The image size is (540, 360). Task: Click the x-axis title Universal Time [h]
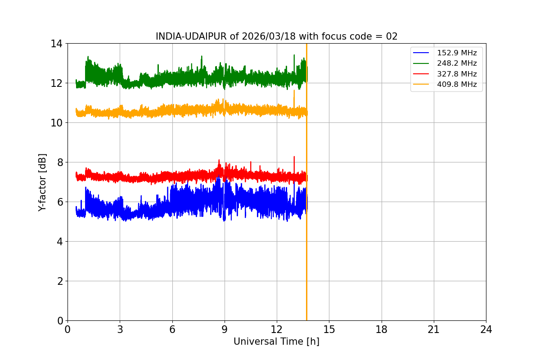click(276, 342)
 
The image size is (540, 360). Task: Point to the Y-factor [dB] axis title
click(42, 182)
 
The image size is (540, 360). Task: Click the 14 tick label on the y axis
click(56, 44)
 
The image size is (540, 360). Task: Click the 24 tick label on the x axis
click(486, 329)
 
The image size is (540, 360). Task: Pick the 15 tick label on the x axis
click(329, 329)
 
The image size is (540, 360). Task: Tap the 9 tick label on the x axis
click(225, 329)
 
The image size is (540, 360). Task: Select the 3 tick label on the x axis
click(120, 329)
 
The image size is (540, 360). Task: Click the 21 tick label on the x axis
click(434, 329)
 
